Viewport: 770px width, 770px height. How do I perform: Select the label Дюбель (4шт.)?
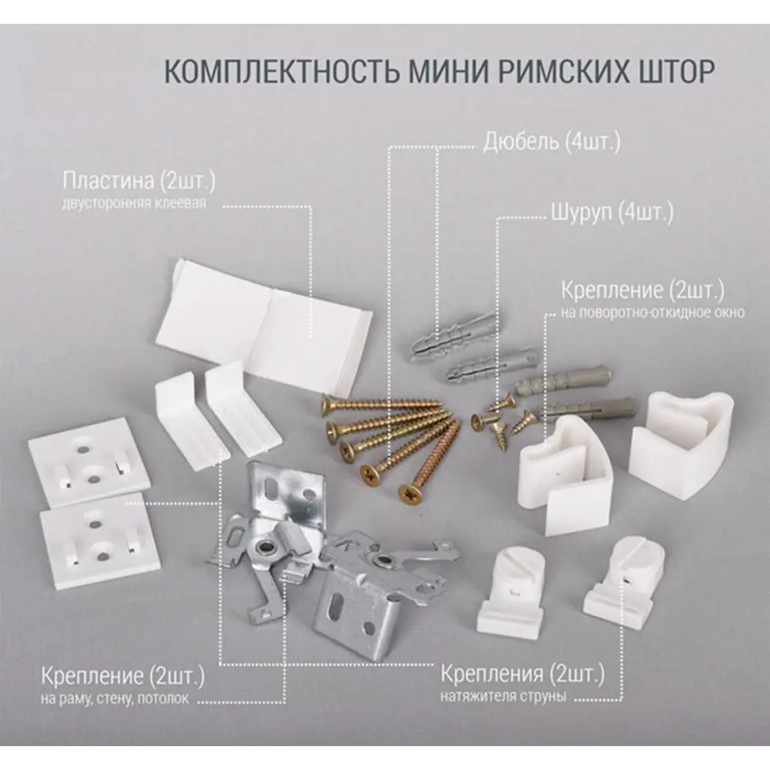coord(551,142)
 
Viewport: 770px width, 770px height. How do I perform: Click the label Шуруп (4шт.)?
coord(612,213)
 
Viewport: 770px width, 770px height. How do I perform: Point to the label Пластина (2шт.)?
coord(139,181)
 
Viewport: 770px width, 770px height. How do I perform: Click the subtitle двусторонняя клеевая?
coord(134,203)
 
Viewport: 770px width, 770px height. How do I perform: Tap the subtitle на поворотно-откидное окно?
coord(653,313)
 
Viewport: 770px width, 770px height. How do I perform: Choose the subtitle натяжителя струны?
coord(503,696)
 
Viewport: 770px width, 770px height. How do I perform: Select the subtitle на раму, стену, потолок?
coord(115,698)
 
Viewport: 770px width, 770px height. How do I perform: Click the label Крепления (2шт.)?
coord(523,674)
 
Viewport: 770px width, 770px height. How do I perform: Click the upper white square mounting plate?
coord(89,455)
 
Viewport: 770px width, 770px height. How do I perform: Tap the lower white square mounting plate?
coord(99,541)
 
